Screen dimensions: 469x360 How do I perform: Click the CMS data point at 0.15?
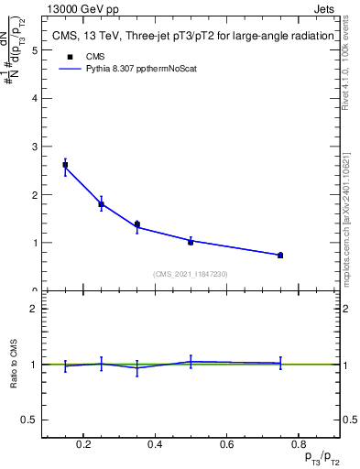coord(65,165)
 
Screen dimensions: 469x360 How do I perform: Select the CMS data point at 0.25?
coord(101,204)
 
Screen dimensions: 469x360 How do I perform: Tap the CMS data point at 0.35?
coord(136,224)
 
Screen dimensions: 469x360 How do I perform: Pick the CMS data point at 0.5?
coord(191,242)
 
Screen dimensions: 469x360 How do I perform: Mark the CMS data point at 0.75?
coord(280,255)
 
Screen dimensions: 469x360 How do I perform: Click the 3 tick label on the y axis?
coord(35,147)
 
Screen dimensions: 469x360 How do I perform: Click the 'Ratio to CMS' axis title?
coord(14,364)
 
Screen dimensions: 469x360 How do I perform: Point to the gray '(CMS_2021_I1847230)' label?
coord(191,273)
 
